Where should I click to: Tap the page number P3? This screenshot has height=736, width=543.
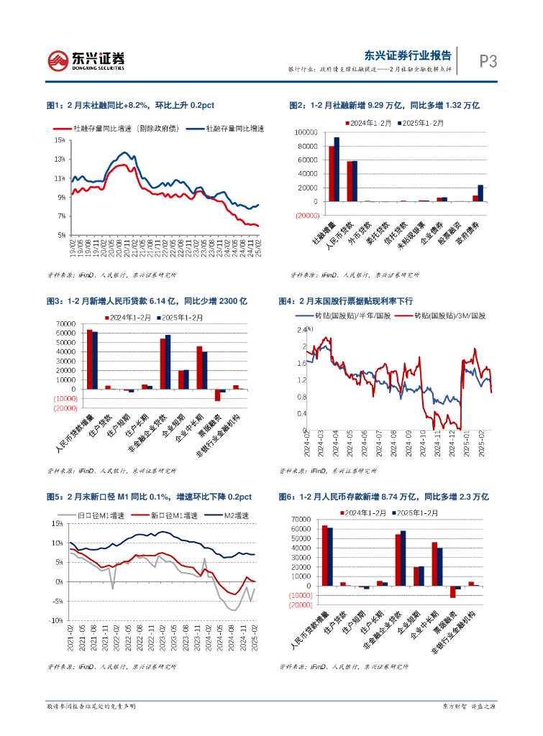[x=488, y=62]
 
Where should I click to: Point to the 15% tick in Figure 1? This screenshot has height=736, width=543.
[x=60, y=139]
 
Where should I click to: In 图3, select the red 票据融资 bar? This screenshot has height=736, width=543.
[x=217, y=395]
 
